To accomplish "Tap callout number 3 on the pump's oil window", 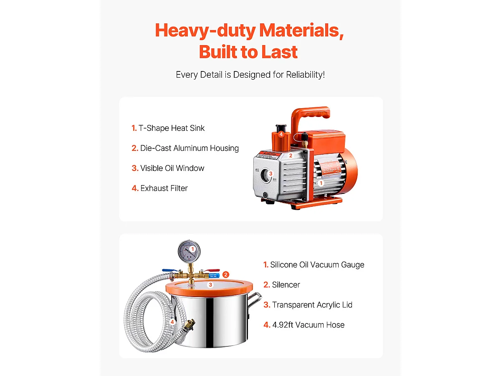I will tap(271, 173).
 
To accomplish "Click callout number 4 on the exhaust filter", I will tap(281, 134).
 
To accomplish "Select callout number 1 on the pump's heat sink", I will tap(321, 183).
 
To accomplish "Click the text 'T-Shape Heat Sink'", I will tap(172, 128).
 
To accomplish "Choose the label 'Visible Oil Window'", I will tap(172, 168).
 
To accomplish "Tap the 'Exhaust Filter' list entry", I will tap(164, 188).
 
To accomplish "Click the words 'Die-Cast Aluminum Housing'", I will tap(189, 148).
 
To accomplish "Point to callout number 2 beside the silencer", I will tap(226, 274).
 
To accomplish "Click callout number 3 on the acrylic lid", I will tap(210, 285).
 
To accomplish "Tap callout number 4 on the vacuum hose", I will tap(172, 322).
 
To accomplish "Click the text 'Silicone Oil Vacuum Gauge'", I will tap(317, 265).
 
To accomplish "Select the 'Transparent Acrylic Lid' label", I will tap(312, 305).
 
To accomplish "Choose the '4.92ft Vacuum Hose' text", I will tap(308, 325).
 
